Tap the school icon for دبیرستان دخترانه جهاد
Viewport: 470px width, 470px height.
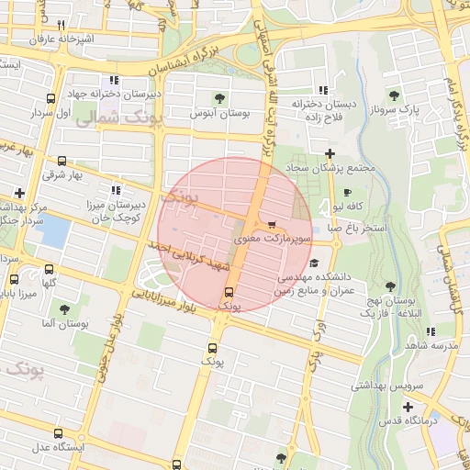coord(114,80)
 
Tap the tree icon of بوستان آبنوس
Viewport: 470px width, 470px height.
coord(219,98)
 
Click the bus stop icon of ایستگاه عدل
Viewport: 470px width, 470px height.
coord(59,433)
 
